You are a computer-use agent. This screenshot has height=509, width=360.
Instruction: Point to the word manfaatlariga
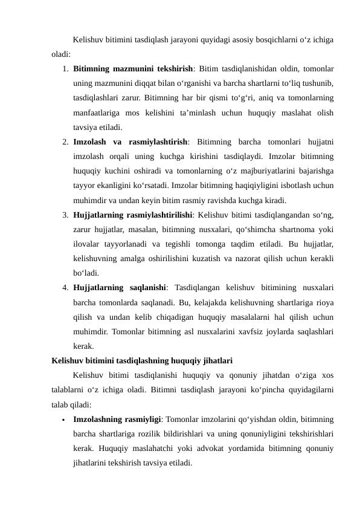click(97, 113)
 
